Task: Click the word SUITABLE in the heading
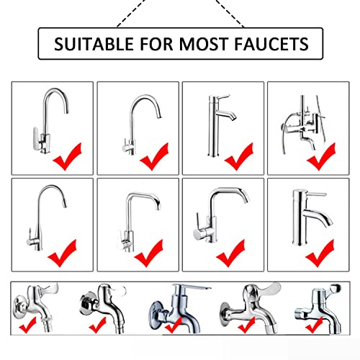point(94,44)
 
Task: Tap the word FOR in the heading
point(156,44)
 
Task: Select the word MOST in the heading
point(203,44)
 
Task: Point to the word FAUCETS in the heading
point(271,44)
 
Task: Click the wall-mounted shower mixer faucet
point(303,124)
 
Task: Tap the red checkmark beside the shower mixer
point(321,156)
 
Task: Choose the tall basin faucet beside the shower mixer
point(221,125)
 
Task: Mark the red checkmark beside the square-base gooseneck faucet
point(68,156)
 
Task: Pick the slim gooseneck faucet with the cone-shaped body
point(46,217)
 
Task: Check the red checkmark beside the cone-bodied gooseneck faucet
point(62,253)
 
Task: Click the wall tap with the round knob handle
point(319,308)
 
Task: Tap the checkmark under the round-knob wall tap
point(315,325)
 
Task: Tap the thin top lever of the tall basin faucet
point(223,97)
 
